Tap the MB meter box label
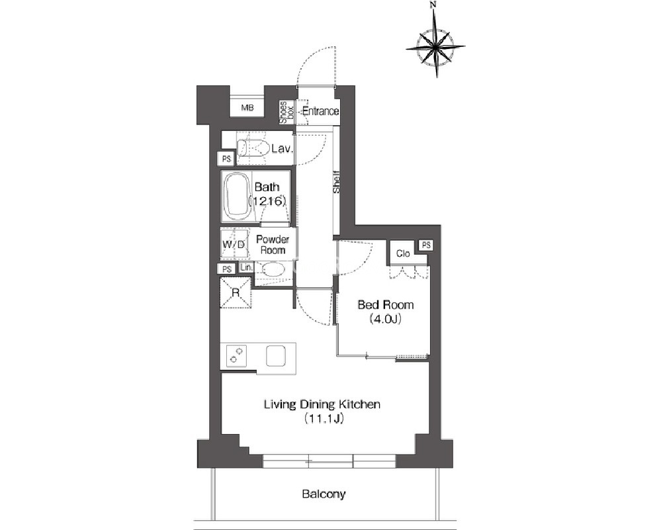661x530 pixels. (247, 108)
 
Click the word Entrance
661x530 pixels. (320, 111)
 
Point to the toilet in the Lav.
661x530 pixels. (253, 148)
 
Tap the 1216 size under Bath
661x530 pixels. (267, 201)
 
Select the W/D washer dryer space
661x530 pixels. (234, 245)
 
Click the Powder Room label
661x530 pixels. (273, 245)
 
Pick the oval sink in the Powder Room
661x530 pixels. (273, 269)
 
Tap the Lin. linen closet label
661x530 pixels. (245, 267)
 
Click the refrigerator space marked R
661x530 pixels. (236, 292)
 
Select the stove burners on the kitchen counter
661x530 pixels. (236, 355)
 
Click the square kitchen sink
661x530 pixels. (276, 355)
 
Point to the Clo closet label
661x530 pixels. (402, 253)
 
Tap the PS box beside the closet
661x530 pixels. (426, 245)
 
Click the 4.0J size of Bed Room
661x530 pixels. (385, 319)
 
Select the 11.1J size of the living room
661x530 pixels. (322, 419)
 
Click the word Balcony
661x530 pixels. (324, 494)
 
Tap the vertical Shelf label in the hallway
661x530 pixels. (336, 182)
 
